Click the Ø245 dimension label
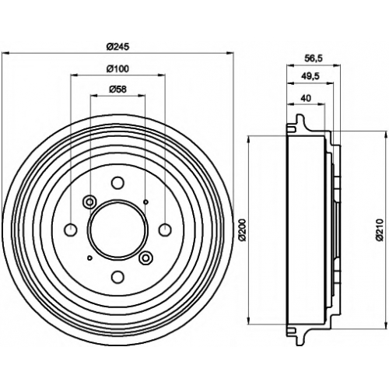coord(117,47)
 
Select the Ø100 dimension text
coord(117,68)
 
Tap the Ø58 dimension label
coord(117,89)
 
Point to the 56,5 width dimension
coord(313,59)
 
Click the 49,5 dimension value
coord(310,76)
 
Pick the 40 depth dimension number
coord(306,98)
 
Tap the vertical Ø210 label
coord(380,230)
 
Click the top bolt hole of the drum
coord(117,182)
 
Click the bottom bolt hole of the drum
coord(117,277)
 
